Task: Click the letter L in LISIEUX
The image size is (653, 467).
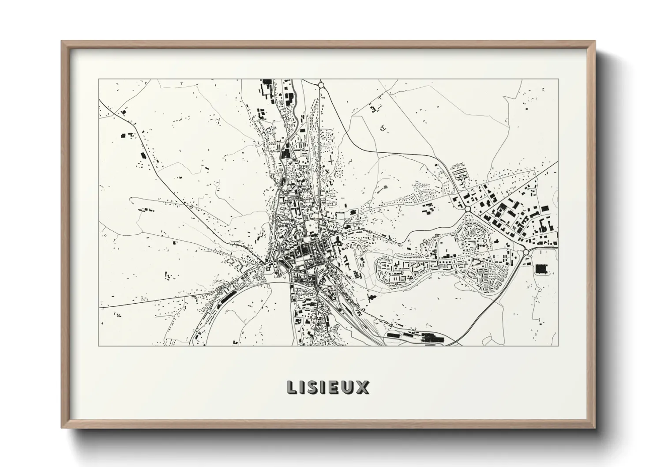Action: click(292, 387)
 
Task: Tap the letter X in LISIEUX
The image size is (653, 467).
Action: click(363, 387)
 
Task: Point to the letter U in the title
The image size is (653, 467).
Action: click(348, 387)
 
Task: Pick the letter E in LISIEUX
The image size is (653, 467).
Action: click(334, 387)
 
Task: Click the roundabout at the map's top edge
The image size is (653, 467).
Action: click(321, 84)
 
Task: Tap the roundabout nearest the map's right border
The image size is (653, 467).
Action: click(525, 252)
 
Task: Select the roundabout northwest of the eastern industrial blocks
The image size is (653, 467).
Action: click(467, 208)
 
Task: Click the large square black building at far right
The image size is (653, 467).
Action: click(540, 269)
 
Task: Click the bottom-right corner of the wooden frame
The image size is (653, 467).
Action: click(595, 428)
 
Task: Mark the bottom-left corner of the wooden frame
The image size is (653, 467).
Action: click(62, 428)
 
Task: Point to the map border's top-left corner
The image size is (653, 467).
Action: click(98, 79)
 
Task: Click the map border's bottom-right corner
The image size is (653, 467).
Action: click(559, 346)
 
